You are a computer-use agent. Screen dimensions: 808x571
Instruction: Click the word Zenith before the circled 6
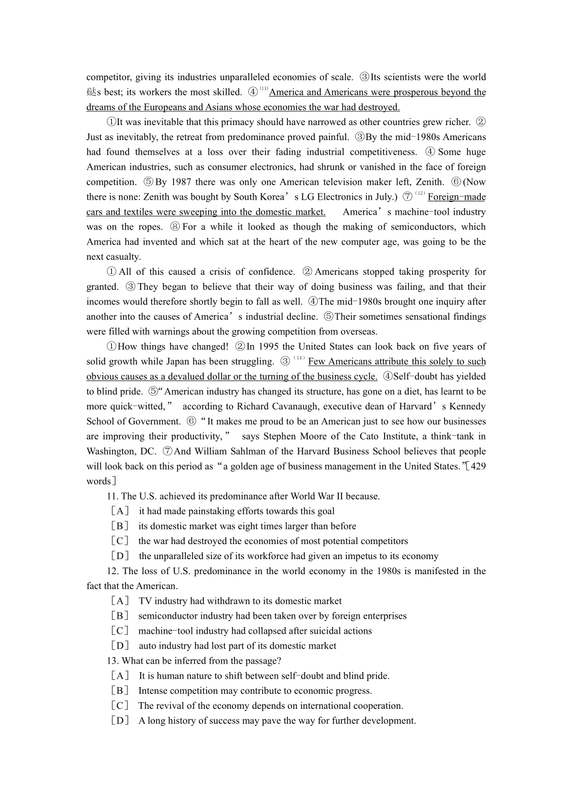(x=428, y=182)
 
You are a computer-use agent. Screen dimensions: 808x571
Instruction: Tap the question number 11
(x=112, y=497)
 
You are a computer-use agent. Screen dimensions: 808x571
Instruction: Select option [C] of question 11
(x=120, y=542)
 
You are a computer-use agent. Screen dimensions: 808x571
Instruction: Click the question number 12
(x=112, y=571)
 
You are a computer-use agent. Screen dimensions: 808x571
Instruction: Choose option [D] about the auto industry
(x=120, y=646)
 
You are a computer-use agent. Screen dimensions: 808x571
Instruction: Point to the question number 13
(x=112, y=661)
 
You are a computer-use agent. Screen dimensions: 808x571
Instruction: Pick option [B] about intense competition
(x=120, y=691)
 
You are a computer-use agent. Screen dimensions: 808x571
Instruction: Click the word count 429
(x=478, y=467)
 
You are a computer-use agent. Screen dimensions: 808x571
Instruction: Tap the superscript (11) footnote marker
(x=264, y=89)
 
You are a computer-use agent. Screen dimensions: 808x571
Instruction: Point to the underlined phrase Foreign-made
(x=456, y=197)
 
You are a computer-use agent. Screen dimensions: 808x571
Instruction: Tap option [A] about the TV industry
(x=120, y=601)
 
